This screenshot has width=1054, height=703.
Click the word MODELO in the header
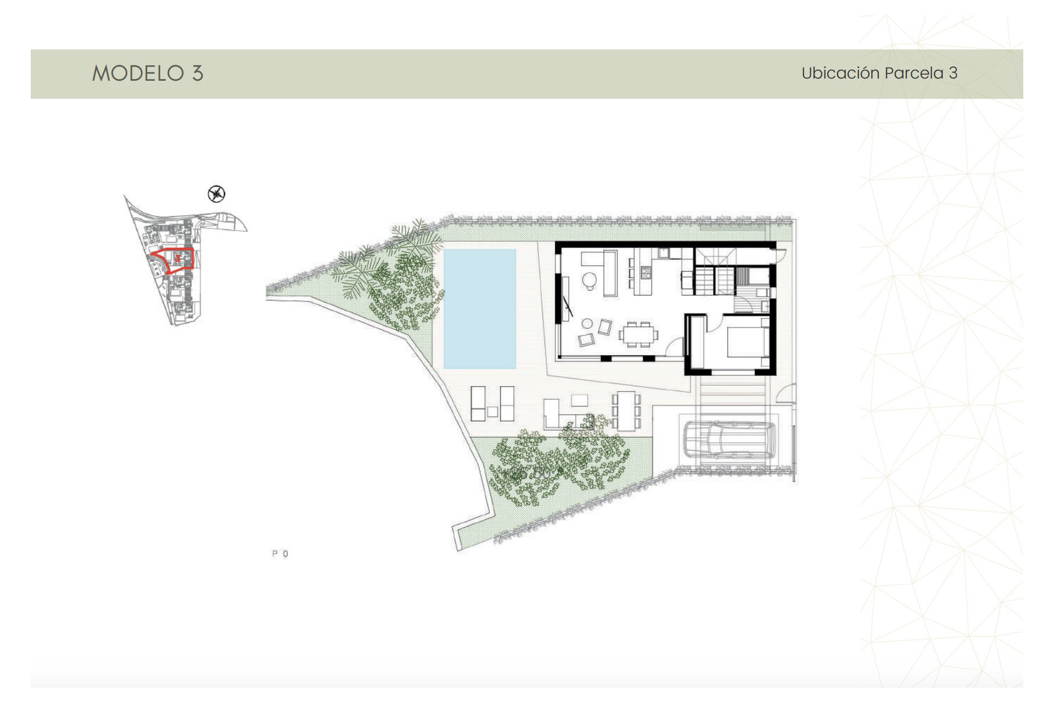(x=138, y=73)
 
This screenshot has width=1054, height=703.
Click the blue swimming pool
(x=479, y=309)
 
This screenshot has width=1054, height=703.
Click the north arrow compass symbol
(x=217, y=194)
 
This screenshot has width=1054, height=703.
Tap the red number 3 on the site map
(x=177, y=258)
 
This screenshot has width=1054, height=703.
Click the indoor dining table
(x=638, y=334)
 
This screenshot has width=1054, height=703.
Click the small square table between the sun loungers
(x=492, y=411)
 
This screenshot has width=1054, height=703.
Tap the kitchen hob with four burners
(x=646, y=271)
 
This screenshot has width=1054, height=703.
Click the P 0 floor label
(x=280, y=554)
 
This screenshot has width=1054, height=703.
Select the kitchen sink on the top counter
(x=664, y=253)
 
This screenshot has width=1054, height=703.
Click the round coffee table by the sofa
(x=589, y=280)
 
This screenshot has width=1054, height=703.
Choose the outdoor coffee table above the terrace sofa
(x=579, y=399)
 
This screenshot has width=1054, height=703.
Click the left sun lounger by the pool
(x=478, y=404)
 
